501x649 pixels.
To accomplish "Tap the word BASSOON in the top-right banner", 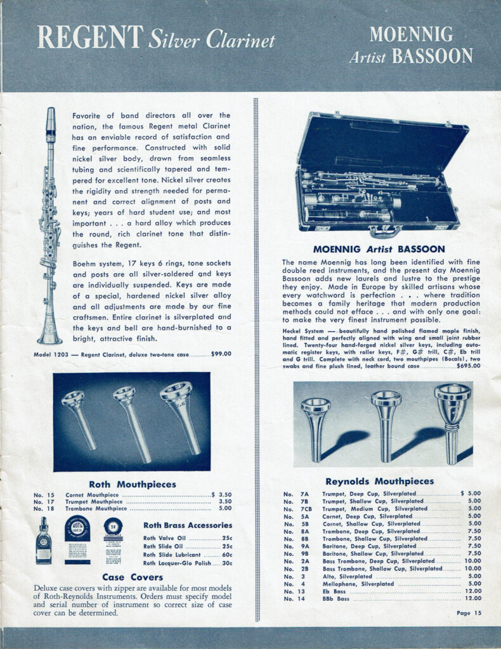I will (x=432, y=56).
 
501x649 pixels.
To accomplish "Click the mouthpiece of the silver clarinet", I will (x=51, y=120).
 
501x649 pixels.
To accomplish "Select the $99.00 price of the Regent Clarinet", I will (x=221, y=354).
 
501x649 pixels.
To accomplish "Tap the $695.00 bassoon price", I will (x=465, y=366).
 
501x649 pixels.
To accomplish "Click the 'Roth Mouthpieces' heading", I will (x=133, y=484).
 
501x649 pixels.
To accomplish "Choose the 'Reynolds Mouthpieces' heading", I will (x=379, y=481).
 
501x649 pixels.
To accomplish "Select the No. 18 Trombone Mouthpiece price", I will (x=225, y=508).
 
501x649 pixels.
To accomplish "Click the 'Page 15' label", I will (x=469, y=613).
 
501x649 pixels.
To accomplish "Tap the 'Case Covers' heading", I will (x=131, y=577).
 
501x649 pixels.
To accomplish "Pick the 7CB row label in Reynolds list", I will (x=306, y=508).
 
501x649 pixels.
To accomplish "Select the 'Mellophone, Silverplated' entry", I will (x=358, y=584).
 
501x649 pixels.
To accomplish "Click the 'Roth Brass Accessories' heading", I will (x=188, y=525).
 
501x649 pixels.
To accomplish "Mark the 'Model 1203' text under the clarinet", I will (x=48, y=354).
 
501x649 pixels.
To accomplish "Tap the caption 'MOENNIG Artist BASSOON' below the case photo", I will (x=379, y=249).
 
